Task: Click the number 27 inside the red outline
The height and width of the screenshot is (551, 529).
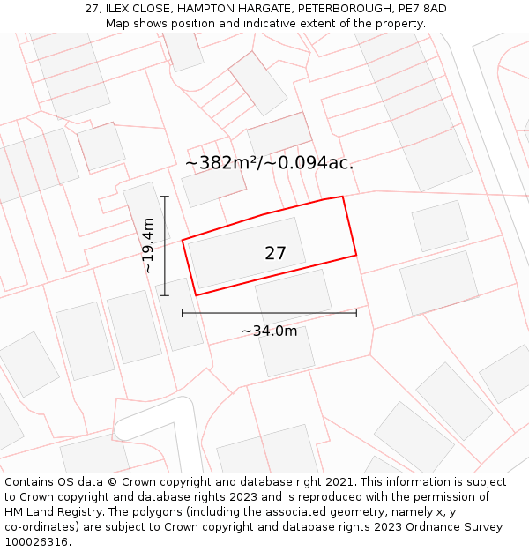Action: [x=275, y=253]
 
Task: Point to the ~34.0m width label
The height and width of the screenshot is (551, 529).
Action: [x=269, y=331]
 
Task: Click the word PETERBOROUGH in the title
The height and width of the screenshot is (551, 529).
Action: [x=338, y=9]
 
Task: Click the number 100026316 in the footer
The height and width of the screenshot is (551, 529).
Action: [x=34, y=542]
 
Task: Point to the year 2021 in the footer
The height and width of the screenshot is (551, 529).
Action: [x=337, y=482]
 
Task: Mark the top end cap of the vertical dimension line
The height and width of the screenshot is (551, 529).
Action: [x=165, y=197]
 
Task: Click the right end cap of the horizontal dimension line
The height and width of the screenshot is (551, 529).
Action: [x=356, y=312]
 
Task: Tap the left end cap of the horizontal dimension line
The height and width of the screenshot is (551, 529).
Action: [x=183, y=312]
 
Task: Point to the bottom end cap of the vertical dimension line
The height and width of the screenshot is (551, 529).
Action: [x=165, y=295]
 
